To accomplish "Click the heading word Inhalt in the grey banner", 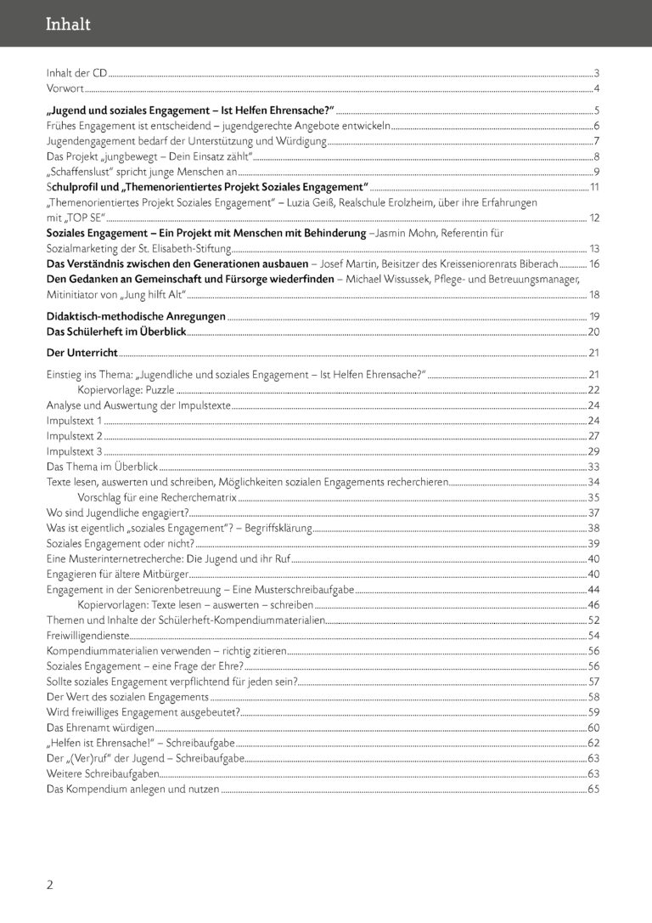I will tap(68, 25).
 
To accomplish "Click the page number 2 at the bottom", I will tap(50, 885).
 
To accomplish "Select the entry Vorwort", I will tap(65, 88).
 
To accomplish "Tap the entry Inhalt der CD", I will tap(77, 73).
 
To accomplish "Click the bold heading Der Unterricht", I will tap(82, 352).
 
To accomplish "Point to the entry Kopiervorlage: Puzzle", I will tap(126, 390).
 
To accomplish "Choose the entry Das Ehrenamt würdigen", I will tap(100, 728).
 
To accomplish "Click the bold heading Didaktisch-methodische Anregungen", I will tap(136, 316).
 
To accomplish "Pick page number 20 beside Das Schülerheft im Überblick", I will tap(593, 331).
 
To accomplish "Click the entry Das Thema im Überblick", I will tap(103, 467).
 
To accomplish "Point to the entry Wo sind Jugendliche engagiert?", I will tap(117, 512).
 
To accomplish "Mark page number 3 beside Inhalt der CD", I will tap(597, 73).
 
